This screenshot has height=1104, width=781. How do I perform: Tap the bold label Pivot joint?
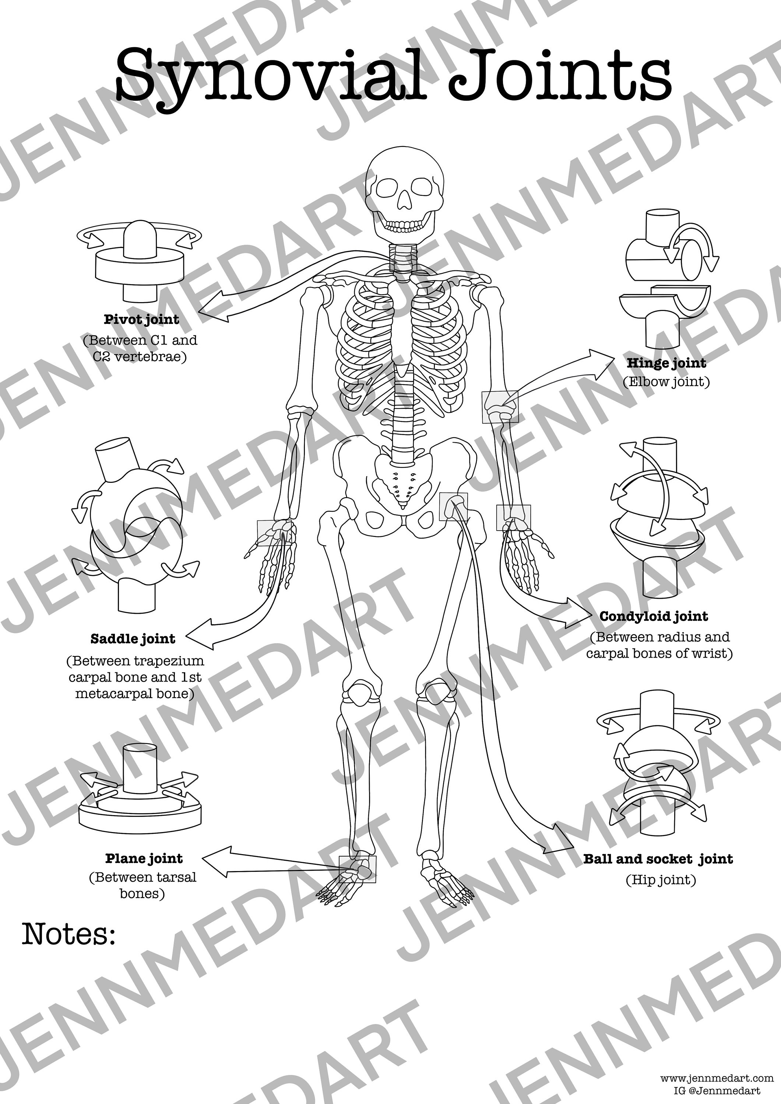point(141,319)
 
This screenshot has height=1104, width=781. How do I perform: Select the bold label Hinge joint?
point(666,363)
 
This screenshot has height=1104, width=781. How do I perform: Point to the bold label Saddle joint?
point(133,639)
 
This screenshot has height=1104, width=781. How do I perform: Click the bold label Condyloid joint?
point(654,616)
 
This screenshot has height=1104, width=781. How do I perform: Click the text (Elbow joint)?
point(666,382)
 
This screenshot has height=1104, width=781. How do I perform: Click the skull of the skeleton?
point(404,192)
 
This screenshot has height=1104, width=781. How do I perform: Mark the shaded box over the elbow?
point(500,407)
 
